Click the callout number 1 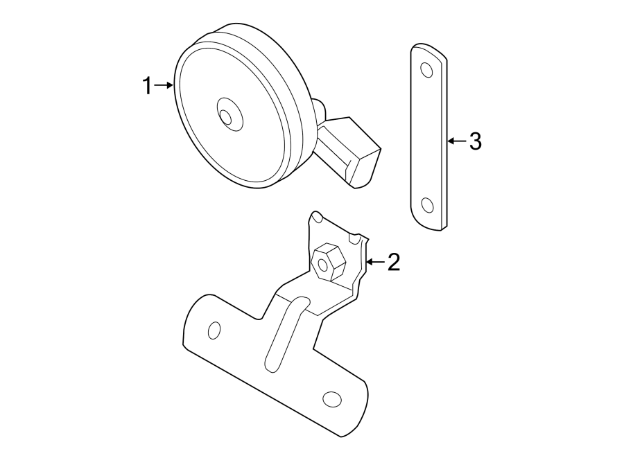(x=146, y=87)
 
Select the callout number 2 (x=393, y=263)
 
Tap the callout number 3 (x=474, y=141)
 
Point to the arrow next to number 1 (x=164, y=85)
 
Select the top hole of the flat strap (x=426, y=70)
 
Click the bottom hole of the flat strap (x=427, y=205)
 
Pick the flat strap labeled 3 (x=428, y=139)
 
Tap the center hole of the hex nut (x=322, y=264)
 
